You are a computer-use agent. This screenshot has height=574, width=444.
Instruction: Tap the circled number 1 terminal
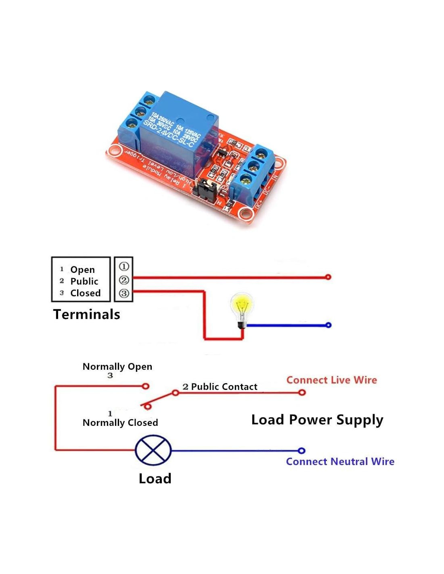124,266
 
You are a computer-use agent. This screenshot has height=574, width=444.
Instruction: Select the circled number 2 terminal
124,280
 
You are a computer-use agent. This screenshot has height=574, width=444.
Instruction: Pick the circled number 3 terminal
124,293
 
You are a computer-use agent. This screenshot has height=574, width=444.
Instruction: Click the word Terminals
87,314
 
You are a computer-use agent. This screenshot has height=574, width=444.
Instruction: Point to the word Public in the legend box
84,281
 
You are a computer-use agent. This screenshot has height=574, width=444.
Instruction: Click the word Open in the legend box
82,270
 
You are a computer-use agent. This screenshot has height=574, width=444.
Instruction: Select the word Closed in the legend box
85,293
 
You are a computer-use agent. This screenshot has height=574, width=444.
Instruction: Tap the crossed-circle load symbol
153,450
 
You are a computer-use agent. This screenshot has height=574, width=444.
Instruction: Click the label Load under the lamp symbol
155,479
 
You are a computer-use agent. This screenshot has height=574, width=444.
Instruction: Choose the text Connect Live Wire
331,380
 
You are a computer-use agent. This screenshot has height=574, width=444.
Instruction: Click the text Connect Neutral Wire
340,462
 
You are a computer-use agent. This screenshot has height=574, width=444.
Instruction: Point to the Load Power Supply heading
317,420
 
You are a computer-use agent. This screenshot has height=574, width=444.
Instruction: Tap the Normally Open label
117,367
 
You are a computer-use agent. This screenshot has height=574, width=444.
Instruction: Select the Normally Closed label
120,423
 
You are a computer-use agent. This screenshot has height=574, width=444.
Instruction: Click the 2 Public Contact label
220,387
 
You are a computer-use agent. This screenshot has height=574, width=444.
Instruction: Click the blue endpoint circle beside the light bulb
328,325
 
